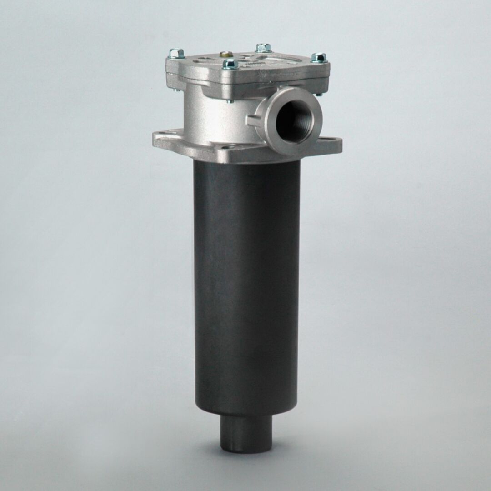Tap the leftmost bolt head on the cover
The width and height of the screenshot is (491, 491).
[176, 54]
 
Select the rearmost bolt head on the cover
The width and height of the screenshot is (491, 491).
[263, 47]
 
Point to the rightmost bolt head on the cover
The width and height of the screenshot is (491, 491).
[319, 58]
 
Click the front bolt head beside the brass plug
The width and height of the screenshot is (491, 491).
[230, 64]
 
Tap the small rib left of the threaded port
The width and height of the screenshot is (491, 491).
[251, 121]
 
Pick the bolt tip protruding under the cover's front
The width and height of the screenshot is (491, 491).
[230, 101]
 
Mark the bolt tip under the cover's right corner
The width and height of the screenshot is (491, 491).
[318, 94]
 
